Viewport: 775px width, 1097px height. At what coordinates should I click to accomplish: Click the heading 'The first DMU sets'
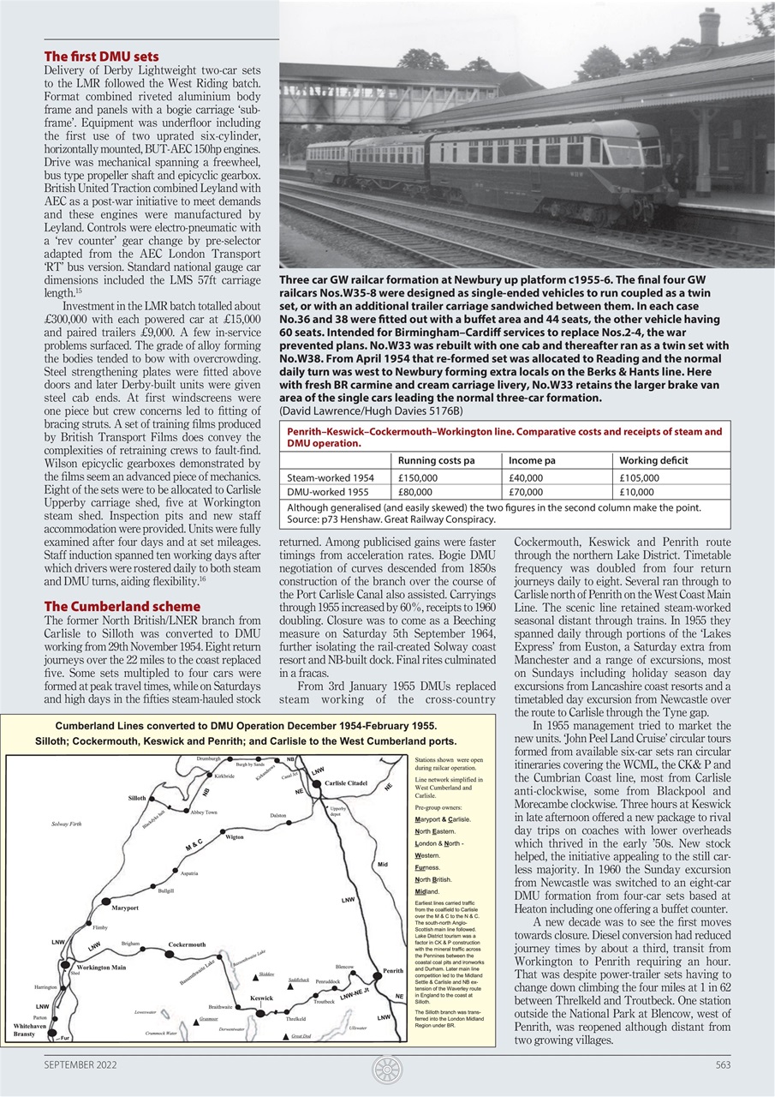point(101,57)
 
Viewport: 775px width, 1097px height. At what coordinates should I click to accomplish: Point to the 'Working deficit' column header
point(653,461)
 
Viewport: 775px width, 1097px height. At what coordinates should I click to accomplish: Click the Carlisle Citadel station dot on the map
point(319,783)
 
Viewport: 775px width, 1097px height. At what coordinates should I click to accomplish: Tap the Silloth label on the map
point(137,798)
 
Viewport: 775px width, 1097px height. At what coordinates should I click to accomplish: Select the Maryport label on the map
point(125,907)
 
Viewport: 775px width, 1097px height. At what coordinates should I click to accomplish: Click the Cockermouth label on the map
point(187,944)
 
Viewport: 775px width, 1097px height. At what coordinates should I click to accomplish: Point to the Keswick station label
point(261,998)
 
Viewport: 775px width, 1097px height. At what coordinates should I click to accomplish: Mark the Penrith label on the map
point(393,971)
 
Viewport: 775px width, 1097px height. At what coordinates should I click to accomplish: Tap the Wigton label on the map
point(234,837)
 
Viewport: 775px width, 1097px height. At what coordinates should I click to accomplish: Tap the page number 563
point(722,1065)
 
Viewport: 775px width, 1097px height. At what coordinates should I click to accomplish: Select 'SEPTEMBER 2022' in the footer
point(80,1065)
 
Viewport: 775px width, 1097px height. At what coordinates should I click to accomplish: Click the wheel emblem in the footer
point(387,1070)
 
